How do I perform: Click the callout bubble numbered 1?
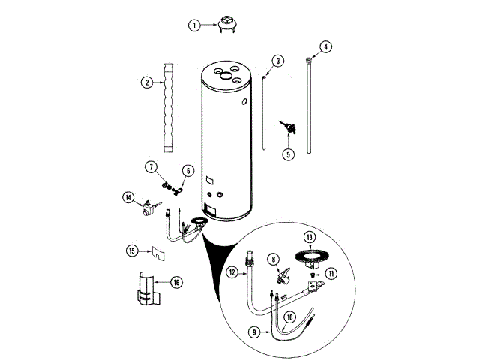coord(194,25)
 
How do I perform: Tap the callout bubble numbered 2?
coord(147,82)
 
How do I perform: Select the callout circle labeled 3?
coord(278,60)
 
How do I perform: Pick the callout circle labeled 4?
coord(325,46)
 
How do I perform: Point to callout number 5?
coord(288,155)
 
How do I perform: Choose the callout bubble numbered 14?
coord(128,198)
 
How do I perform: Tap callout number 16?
coord(176,282)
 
